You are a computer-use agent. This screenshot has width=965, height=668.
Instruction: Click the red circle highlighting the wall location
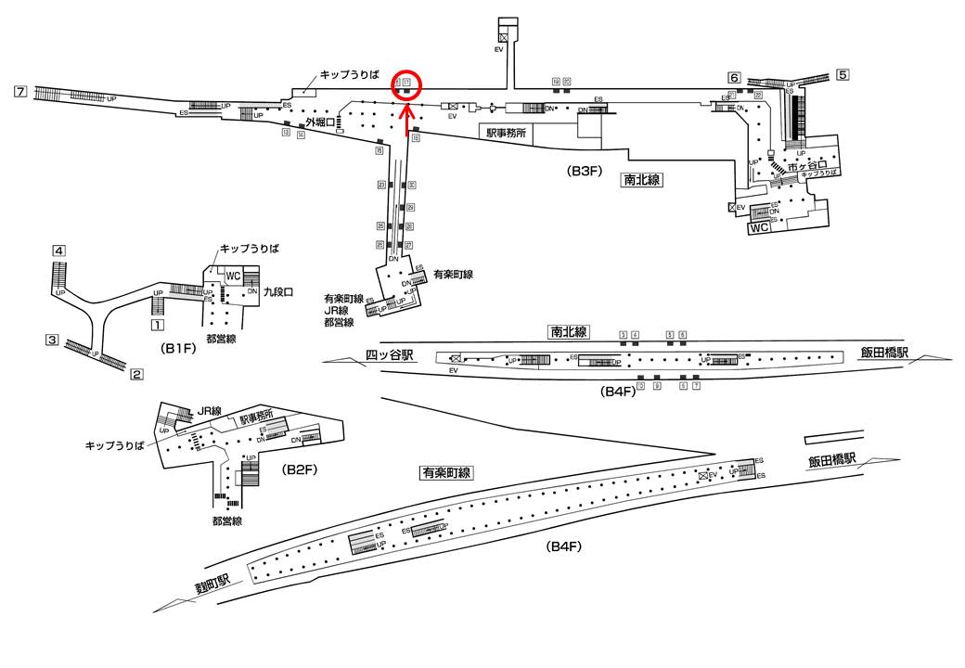407,85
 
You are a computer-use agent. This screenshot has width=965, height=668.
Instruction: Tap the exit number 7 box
20,91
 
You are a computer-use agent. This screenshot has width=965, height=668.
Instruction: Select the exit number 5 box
843,74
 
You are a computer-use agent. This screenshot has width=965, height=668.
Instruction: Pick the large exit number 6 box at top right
734,77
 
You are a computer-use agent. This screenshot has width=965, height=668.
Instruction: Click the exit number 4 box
58,250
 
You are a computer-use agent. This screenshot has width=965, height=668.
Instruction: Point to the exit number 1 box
158,326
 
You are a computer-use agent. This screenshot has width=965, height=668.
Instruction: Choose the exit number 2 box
136,375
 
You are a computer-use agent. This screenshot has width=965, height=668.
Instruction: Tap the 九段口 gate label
278,291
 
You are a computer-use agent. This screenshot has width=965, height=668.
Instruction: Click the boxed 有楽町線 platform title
446,472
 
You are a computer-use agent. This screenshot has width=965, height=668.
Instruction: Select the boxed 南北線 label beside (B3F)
641,180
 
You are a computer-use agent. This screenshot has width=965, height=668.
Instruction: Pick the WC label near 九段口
233,276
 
